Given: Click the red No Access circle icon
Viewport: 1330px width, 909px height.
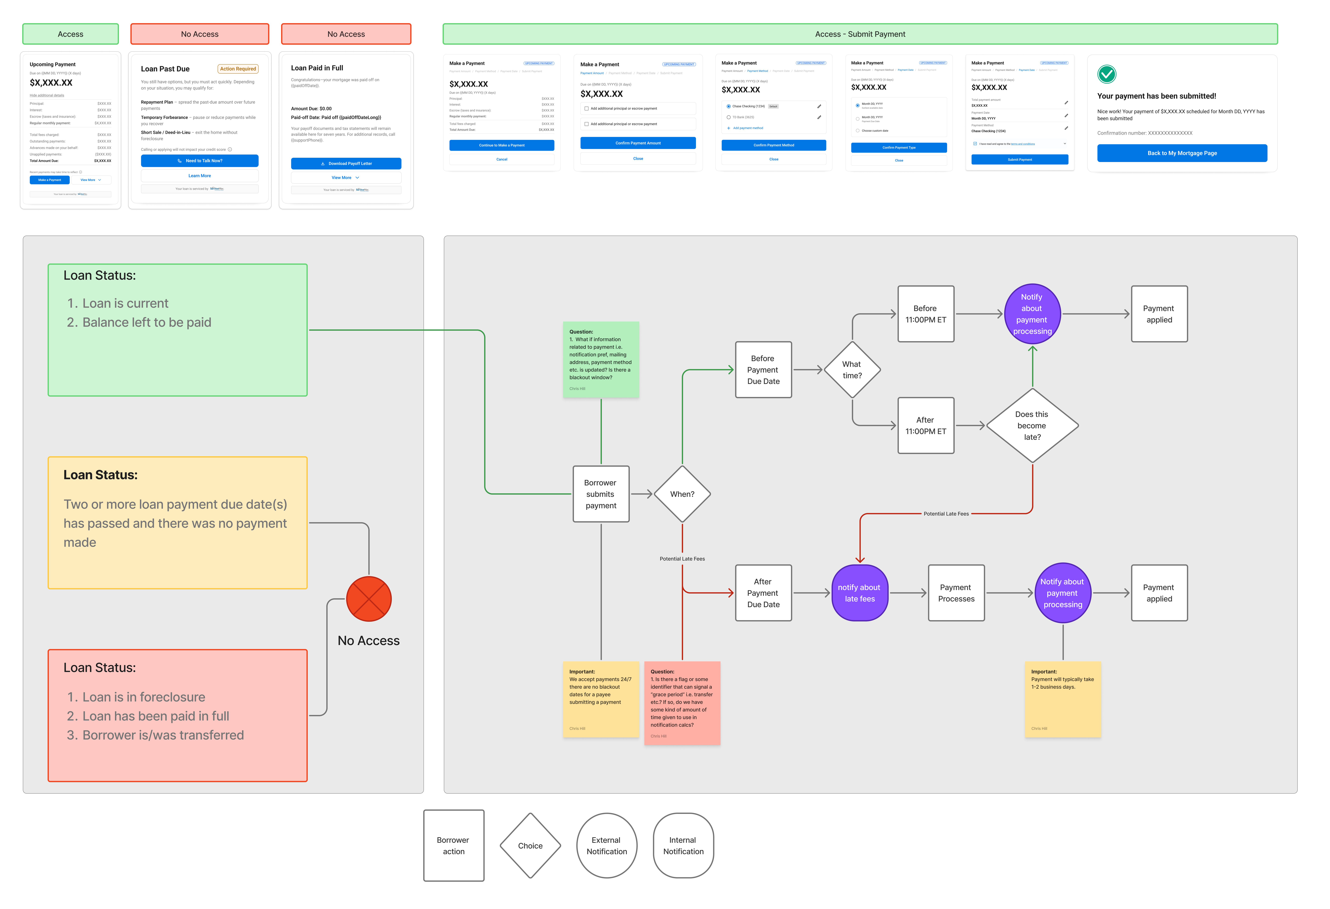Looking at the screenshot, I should tap(369, 599).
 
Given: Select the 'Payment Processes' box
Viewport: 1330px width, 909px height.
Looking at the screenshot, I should tap(956, 593).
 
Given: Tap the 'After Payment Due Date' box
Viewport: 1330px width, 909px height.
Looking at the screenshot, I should tap(763, 593).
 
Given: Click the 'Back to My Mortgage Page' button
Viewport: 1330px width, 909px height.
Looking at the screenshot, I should tap(1182, 153).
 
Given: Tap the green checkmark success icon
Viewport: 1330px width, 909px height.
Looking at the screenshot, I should tap(1106, 74).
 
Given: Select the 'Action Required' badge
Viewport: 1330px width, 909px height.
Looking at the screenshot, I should tap(237, 69).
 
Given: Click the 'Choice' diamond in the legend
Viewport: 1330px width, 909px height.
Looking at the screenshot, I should tap(530, 845).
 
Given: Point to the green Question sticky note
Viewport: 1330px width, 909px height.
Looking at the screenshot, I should tap(601, 359).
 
